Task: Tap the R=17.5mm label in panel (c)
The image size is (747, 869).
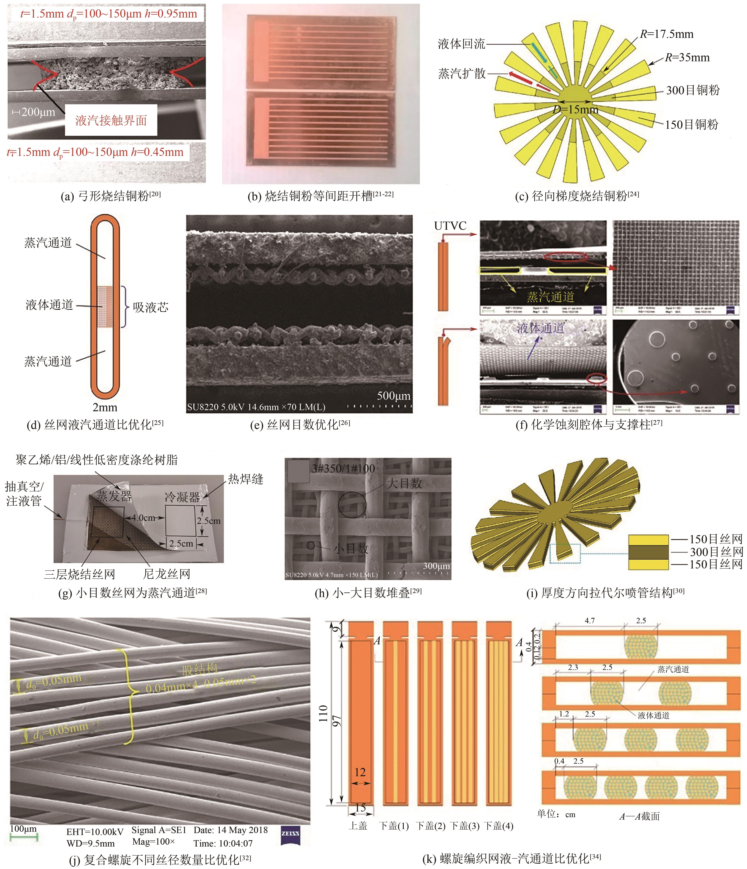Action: (x=666, y=34)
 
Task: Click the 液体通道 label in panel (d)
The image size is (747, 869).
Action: (x=50, y=305)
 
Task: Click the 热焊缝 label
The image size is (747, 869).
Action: (x=246, y=479)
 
